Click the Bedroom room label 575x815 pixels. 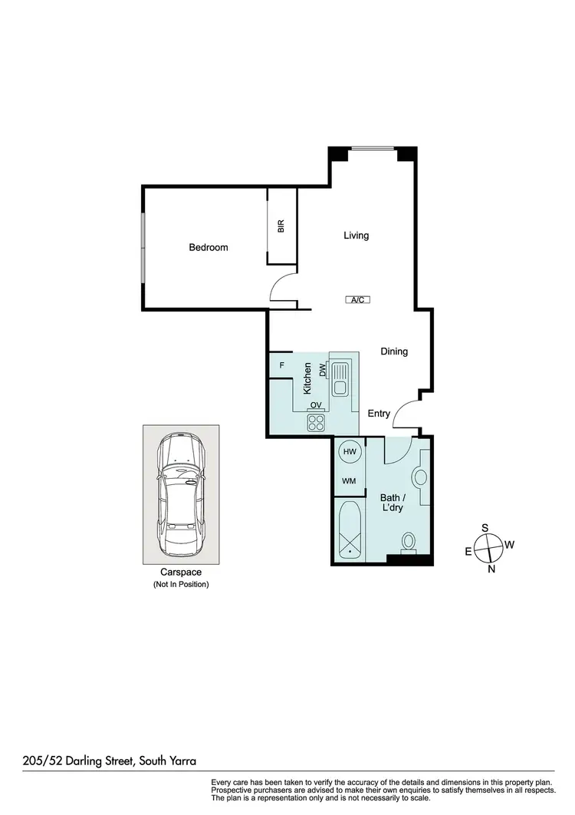click(209, 247)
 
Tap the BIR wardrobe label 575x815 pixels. click(281, 226)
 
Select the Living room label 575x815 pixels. click(356, 236)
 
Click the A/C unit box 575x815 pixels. click(357, 300)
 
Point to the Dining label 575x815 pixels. click(394, 351)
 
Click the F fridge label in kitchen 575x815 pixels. click(282, 365)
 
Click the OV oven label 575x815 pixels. click(315, 405)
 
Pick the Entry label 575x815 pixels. click(379, 414)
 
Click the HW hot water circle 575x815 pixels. click(350, 452)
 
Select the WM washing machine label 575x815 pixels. click(349, 481)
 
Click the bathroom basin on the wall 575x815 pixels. click(419, 477)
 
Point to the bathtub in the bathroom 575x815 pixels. click(350, 530)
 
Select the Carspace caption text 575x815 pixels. click(180, 572)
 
